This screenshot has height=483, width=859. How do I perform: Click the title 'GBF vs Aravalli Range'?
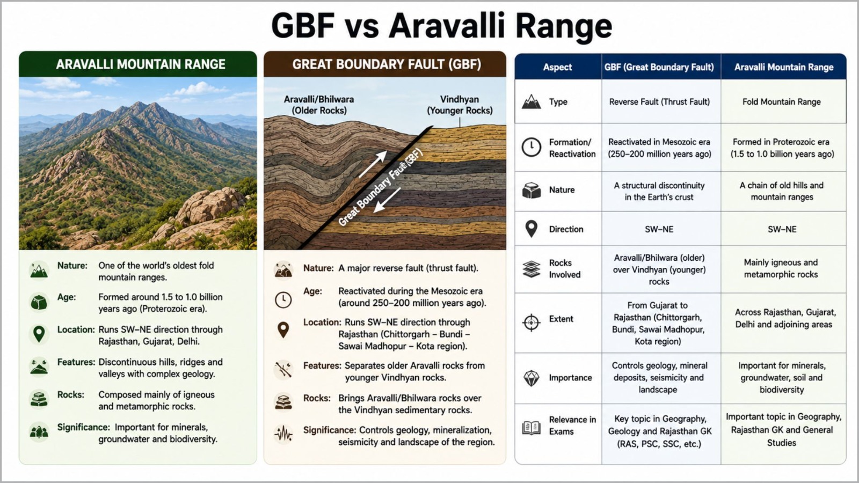(441, 26)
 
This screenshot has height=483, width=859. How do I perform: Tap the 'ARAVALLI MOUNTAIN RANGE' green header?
(138, 64)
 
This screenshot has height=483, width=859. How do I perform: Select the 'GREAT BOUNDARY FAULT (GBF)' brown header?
(385, 64)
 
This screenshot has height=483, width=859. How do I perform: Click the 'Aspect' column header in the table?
(557, 67)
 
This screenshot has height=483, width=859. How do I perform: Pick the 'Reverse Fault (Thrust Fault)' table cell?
(659, 101)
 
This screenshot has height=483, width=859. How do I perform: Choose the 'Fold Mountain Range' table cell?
(782, 101)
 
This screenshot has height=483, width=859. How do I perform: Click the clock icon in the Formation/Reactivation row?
(532, 147)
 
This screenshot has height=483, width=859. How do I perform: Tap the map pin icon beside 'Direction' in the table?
(532, 229)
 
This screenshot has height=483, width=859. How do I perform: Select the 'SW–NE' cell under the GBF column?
(659, 229)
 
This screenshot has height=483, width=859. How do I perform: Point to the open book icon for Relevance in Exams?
(532, 427)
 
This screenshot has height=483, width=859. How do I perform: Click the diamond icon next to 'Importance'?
(532, 378)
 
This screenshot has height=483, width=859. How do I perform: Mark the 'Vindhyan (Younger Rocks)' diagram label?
(460, 105)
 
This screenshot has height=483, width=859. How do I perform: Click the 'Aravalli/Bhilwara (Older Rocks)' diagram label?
(319, 105)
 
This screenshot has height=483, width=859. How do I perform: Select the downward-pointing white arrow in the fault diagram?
(387, 200)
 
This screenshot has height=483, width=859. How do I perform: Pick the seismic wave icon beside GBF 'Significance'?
(283, 434)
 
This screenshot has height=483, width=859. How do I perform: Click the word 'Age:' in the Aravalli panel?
(67, 297)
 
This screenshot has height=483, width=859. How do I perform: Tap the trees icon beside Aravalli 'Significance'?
(39, 432)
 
